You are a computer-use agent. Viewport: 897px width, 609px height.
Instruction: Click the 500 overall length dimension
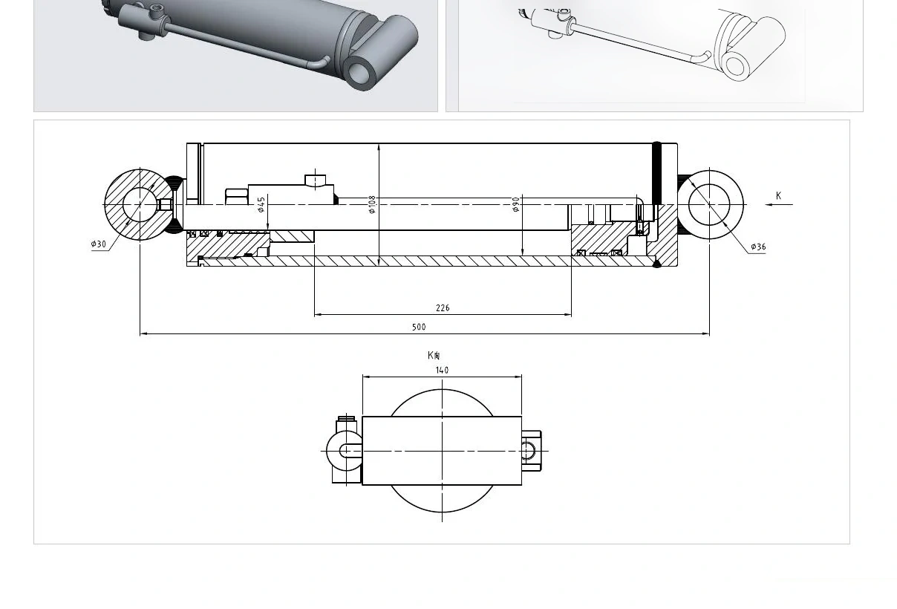click(x=419, y=327)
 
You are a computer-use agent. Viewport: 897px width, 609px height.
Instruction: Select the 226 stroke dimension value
click(x=443, y=308)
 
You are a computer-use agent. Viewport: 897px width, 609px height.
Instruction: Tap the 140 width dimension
click(x=442, y=371)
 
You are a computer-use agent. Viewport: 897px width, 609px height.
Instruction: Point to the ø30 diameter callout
click(x=99, y=244)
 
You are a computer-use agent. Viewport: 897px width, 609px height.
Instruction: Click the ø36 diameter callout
click(x=758, y=247)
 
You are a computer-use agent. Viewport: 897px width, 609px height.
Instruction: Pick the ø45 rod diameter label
click(x=261, y=204)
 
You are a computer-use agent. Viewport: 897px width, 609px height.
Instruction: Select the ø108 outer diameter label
click(x=372, y=204)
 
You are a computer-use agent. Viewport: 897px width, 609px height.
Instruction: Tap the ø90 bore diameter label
click(x=516, y=204)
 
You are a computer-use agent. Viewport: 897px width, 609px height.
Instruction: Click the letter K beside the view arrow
click(x=778, y=196)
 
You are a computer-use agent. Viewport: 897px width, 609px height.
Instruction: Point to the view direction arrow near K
click(x=779, y=204)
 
